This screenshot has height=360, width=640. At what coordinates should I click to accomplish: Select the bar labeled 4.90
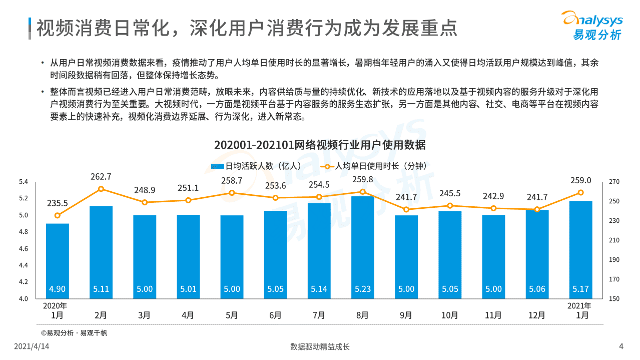tap(57, 260)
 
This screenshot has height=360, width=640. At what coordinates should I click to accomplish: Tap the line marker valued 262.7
tap(101, 189)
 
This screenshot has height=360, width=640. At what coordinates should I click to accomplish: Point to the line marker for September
tap(406, 209)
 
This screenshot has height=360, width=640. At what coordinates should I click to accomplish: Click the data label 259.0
tap(580, 180)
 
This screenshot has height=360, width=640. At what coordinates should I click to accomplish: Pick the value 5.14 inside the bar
tap(319, 289)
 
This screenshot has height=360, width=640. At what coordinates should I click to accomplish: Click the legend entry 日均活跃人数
tap(255, 166)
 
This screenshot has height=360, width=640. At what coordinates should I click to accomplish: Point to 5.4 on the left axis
tap(24, 181)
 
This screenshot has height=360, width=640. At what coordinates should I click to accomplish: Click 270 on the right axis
tap(614, 182)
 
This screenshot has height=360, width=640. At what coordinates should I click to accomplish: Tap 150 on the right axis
tap(614, 299)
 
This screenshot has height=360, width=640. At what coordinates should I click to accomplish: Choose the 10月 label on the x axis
tap(450, 315)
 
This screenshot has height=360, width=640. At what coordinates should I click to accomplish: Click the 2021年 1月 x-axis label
tap(580, 310)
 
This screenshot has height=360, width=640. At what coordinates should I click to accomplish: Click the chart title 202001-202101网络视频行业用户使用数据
tap(320, 145)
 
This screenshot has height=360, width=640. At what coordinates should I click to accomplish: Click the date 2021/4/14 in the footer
tap(32, 346)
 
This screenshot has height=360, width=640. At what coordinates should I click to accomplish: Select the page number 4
tap(621, 346)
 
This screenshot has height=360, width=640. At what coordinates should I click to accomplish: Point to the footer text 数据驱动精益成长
tap(320, 346)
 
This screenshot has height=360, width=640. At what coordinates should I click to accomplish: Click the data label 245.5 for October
tap(450, 193)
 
